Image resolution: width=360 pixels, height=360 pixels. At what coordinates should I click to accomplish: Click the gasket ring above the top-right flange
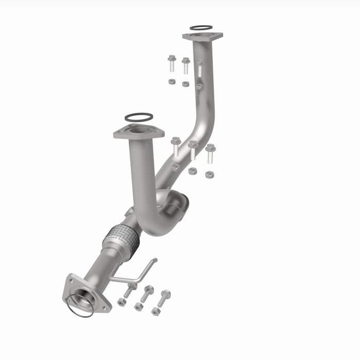(201, 27)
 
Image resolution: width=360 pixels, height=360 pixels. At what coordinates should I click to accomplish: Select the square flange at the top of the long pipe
(202, 37)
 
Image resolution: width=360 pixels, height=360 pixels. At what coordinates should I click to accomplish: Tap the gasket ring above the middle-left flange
(138, 117)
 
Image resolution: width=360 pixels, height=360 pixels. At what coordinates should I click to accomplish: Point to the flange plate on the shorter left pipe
(138, 132)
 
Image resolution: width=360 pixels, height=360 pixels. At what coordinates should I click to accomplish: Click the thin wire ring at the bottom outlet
(80, 306)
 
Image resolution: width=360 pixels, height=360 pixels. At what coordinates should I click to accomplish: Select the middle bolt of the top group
(186, 65)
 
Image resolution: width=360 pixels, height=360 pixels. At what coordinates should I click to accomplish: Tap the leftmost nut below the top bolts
(172, 81)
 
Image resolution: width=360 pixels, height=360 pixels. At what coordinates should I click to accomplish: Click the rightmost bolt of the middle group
(210, 153)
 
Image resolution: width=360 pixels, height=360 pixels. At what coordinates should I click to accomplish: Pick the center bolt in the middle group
(193, 150)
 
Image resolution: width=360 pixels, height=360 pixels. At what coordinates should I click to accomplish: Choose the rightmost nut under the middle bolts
(209, 175)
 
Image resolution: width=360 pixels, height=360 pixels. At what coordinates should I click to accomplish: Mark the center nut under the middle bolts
(192, 171)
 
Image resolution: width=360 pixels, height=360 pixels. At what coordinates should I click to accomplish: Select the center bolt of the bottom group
(148, 293)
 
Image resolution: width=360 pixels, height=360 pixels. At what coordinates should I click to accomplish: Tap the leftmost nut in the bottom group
(121, 302)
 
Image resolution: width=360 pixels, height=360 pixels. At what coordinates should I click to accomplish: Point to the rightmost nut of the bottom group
(155, 311)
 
